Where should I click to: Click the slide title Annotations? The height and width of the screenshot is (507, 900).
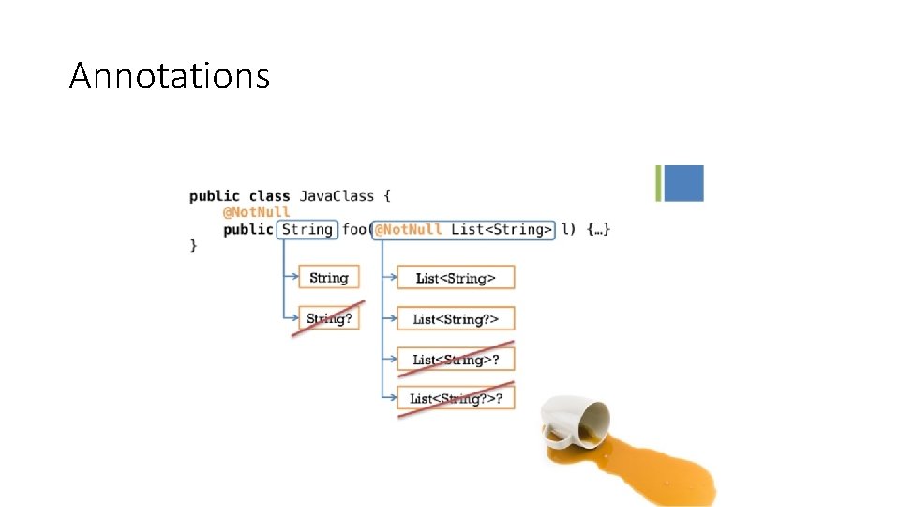point(170,76)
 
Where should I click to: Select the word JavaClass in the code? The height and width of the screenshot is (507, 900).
point(337,196)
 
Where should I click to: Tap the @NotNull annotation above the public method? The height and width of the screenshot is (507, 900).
point(256,212)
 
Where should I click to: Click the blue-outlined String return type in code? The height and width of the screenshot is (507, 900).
point(307,229)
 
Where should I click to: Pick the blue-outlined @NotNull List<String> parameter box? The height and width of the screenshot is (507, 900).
point(463,230)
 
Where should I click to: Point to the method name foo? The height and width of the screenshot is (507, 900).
point(353,229)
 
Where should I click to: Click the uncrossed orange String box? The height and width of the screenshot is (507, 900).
point(329,277)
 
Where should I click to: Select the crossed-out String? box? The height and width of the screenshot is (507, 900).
point(329,318)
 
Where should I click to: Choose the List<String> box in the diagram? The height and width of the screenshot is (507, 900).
point(456,278)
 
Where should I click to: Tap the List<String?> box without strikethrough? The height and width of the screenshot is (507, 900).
point(456,319)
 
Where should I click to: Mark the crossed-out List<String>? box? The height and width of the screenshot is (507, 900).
point(456,360)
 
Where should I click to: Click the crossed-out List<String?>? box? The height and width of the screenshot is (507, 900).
point(456,398)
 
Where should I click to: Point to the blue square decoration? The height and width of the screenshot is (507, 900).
point(683,183)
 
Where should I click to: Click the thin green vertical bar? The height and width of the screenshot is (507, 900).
point(658,183)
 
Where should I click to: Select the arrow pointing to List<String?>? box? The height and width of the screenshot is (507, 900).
point(390,397)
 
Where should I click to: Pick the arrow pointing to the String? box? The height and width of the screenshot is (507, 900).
point(291,317)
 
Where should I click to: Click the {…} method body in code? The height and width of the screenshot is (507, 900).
point(598,229)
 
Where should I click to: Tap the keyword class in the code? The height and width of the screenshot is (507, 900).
point(269,196)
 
